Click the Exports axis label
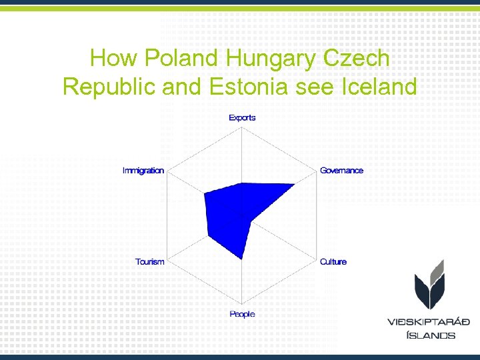tap(242, 118)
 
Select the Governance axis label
tap(341, 170)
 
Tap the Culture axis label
tap(333, 262)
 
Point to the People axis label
tap(242, 314)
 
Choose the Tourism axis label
tap(149, 262)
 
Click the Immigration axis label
tap(143, 170)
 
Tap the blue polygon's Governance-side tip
tap(295, 185)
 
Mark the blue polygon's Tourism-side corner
tap(209, 235)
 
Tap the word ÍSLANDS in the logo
tap(431, 335)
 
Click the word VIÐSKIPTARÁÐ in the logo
tap(429, 321)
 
